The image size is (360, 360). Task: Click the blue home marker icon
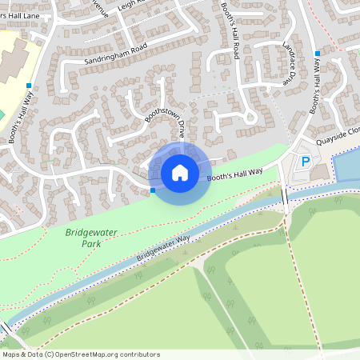click(x=180, y=173)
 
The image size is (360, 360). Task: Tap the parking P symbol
click(x=305, y=162)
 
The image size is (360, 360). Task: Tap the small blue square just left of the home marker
click(x=152, y=190)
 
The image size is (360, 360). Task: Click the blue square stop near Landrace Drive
click(x=317, y=54)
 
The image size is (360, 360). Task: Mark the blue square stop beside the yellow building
click(x=29, y=85)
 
